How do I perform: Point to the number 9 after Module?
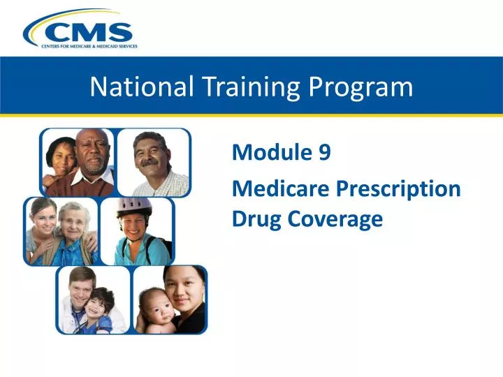324,151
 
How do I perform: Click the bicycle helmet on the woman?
133,207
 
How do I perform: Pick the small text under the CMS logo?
81,46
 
